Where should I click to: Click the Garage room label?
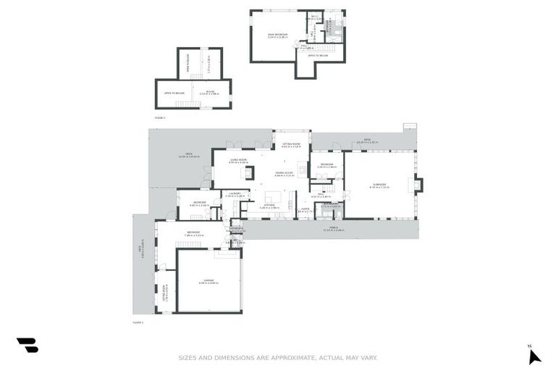(209, 282)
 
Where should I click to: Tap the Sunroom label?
(380, 186)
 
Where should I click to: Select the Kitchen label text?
(269, 206)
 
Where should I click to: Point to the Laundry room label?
(235, 194)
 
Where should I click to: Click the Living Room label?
(239, 162)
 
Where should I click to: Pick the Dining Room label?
(284, 173)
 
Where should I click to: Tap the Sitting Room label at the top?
(292, 146)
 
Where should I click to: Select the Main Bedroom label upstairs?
(278, 35)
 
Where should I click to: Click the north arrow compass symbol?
(534, 356)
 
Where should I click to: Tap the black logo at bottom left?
(28, 346)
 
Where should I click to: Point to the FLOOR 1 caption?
(138, 322)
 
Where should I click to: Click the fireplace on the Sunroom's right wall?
(418, 185)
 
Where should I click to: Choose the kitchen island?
(272, 196)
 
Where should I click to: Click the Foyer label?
(304, 211)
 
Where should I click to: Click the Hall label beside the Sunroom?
(321, 196)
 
